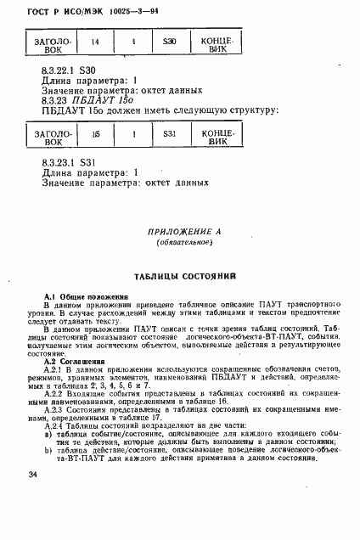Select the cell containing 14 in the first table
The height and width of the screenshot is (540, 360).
[x=94, y=42]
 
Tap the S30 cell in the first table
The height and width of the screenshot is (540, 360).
[x=169, y=42]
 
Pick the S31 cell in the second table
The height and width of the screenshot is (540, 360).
[x=169, y=134]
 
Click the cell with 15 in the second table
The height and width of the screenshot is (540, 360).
[x=94, y=134]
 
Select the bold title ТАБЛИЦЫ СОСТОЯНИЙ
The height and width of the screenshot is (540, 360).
[x=183, y=277]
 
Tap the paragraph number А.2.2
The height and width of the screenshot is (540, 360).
[x=54, y=394]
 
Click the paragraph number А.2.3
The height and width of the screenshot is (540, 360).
[x=54, y=409]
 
